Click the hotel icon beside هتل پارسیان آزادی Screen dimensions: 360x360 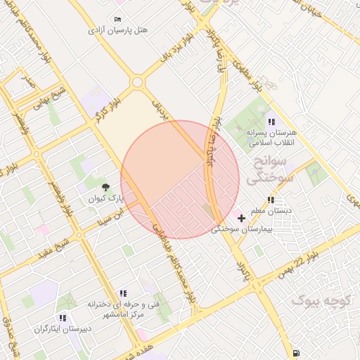(x=117, y=19)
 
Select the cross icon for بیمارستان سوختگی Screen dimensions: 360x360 (x=242, y=219)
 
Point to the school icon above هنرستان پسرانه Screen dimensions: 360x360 (x=271, y=122)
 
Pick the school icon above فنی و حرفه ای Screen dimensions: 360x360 (x=123, y=293)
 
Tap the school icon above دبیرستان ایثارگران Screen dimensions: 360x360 (x=67, y=318)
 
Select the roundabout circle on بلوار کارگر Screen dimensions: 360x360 (x=137, y=82)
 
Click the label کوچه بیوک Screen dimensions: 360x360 (x=321, y=301)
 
